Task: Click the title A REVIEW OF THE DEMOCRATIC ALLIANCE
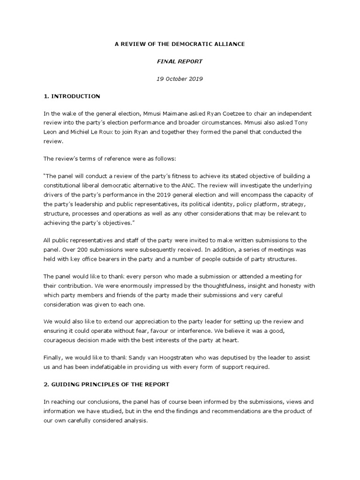(x=180, y=44)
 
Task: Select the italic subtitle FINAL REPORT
(x=180, y=61)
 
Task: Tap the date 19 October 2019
(x=180, y=79)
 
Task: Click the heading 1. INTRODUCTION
(x=72, y=96)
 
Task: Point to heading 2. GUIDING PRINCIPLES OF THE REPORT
(x=106, y=384)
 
